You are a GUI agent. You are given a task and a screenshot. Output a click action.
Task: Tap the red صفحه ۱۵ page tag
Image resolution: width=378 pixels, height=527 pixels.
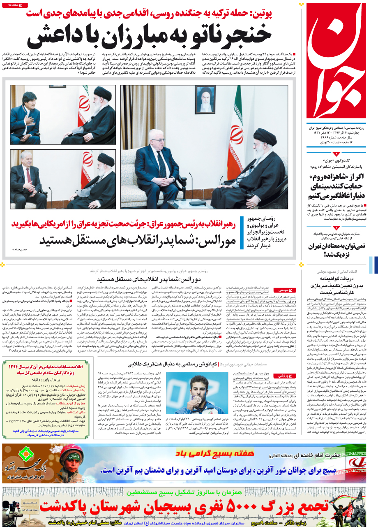point(16,5)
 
